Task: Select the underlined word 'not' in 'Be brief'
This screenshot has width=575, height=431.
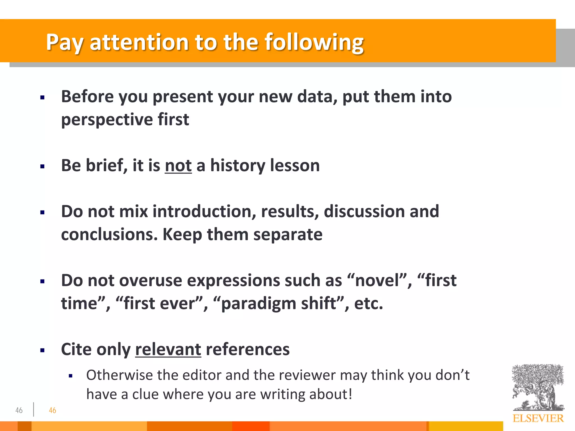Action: point(178,165)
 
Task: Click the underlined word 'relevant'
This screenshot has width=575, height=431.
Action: point(168,349)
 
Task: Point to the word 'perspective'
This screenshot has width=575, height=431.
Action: point(107,120)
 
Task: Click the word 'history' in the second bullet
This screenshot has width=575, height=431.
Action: point(238,165)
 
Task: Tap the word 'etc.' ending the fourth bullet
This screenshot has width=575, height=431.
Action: point(368,304)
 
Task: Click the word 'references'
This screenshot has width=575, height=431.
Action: point(247,349)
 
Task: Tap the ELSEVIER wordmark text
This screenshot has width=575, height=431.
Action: point(538,418)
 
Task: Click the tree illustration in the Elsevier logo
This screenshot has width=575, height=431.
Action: point(538,387)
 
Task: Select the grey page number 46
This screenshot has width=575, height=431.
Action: point(19,411)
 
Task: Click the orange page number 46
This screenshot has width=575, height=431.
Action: point(53,411)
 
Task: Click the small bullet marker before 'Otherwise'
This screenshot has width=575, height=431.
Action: point(70,376)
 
